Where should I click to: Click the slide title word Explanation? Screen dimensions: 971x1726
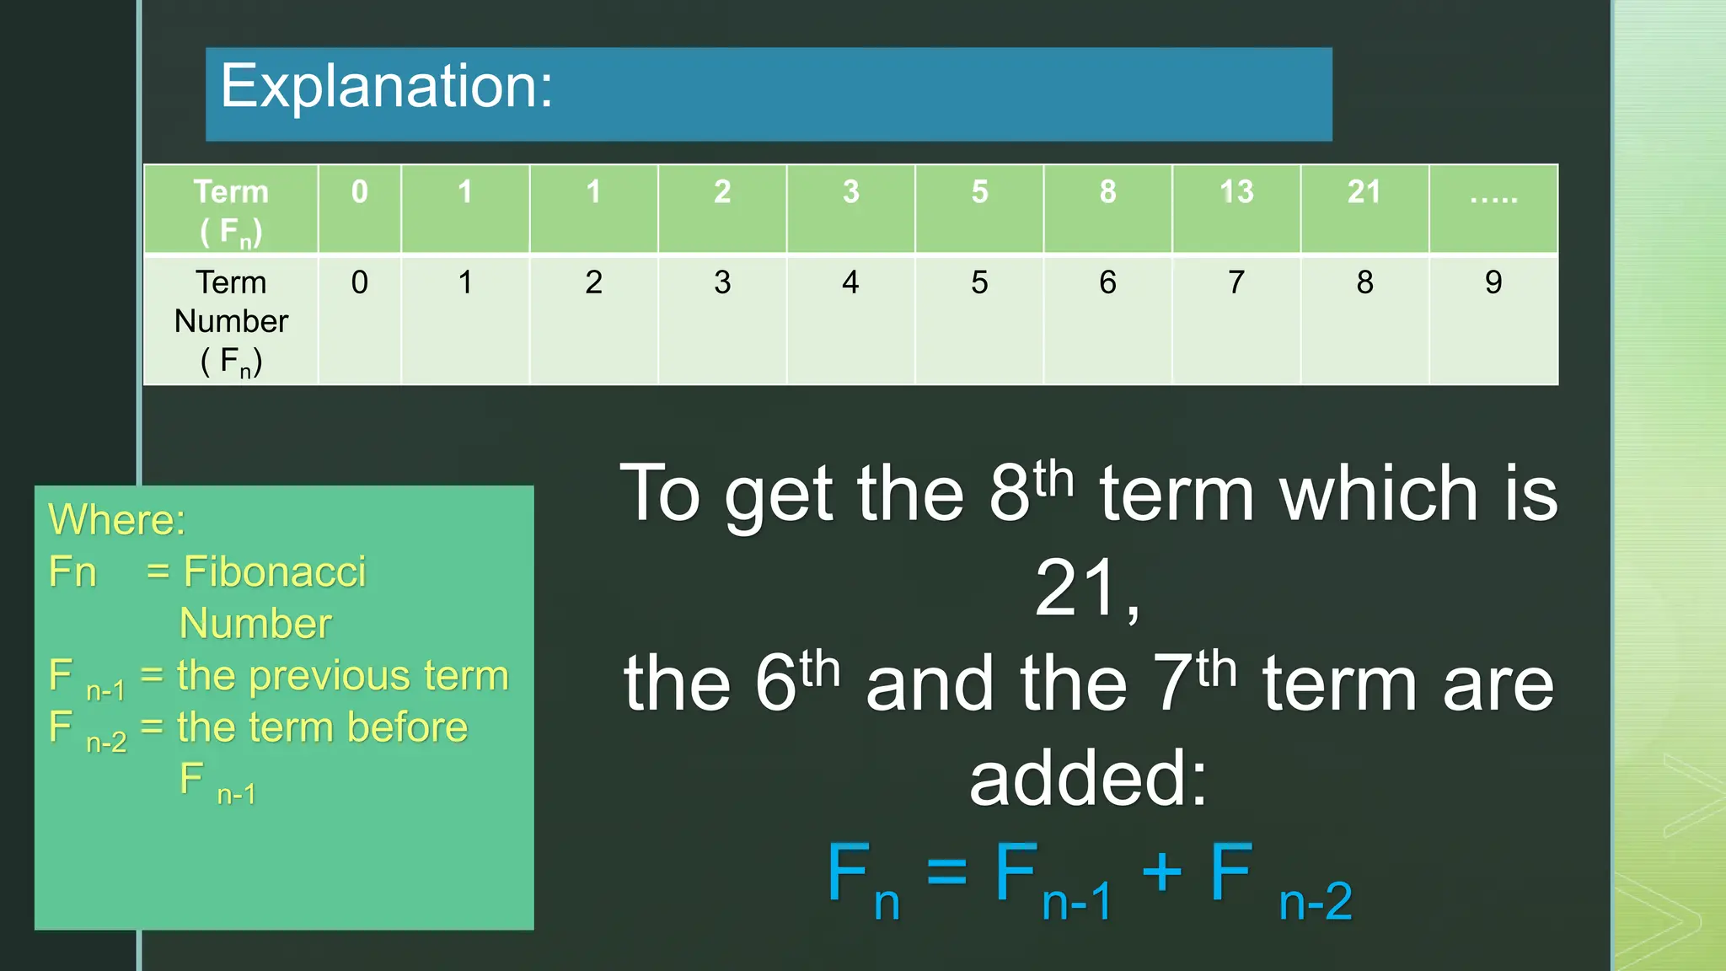coord(386,88)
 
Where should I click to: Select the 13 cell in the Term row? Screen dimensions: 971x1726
coord(1236,193)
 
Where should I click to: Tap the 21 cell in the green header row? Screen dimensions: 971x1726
coord(1364,193)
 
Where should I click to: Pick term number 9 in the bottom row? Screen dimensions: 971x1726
coord(1493,282)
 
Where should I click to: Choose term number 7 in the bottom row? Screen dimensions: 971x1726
coord(1236,282)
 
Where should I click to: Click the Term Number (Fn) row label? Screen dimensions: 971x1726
coord(231,321)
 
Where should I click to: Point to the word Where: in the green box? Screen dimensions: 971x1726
coord(116,519)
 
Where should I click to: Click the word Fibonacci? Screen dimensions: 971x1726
coord(275,572)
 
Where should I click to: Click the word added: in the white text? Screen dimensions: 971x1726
coord(1088,779)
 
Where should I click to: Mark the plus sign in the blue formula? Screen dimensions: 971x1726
coord(1161,871)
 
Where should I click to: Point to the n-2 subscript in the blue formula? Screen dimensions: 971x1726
coord(1315,902)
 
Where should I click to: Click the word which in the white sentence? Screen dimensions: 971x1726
coord(1380,495)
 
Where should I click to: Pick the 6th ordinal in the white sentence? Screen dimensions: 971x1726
coord(797,683)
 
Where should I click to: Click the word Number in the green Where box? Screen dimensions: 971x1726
coord(255,625)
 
